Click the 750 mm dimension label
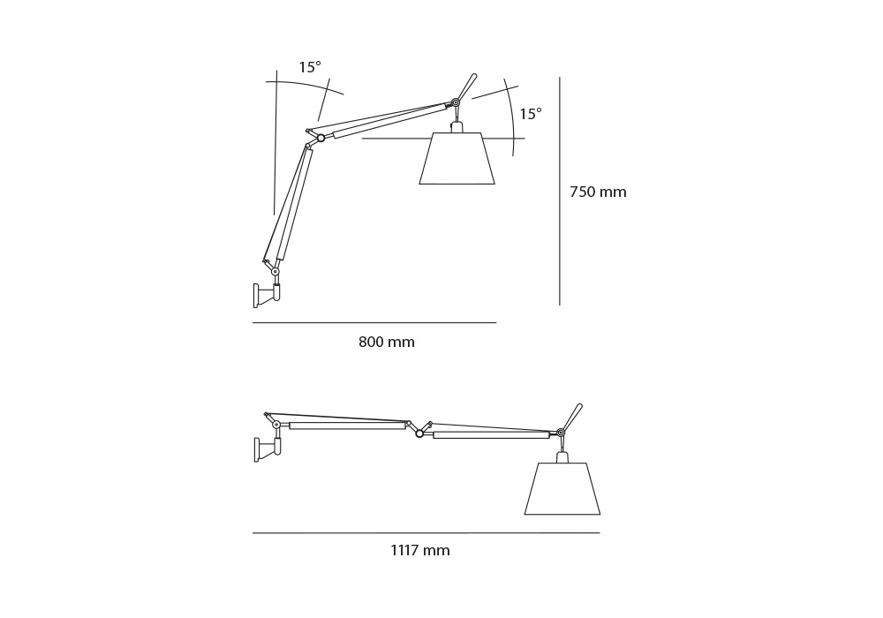point(598,192)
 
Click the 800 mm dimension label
point(387,342)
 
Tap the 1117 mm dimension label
point(420,550)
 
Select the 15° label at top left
point(310,68)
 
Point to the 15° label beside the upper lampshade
point(531,114)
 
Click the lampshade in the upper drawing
point(457,158)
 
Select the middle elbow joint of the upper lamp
point(321,138)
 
